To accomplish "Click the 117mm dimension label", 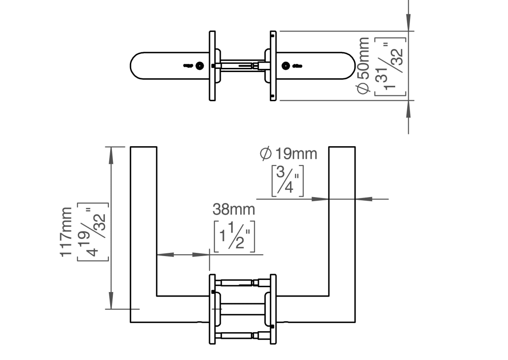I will pyautogui.click(x=67, y=232).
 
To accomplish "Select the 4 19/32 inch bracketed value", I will pyautogui.click(x=93, y=232).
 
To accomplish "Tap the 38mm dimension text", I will pyautogui.click(x=233, y=209).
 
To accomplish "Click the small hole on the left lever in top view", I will pyautogui.click(x=200, y=66).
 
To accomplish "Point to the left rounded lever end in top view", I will pyautogui.click(x=137, y=66).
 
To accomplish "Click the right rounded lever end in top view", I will pyautogui.click(x=346, y=66).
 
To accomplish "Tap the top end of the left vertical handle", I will pyautogui.click(x=143, y=148).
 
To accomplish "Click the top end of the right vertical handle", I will pyautogui.click(x=342, y=148).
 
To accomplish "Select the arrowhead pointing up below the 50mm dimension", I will pyautogui.click(x=408, y=110).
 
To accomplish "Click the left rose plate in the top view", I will pyautogui.click(x=212, y=66).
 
